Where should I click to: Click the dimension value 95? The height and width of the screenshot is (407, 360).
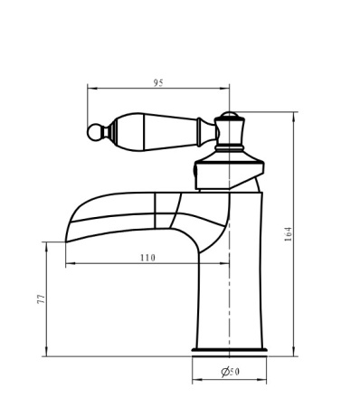pos(158,82)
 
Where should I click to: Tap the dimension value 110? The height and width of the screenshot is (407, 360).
pos(147,258)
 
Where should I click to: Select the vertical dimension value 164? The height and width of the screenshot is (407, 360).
pos(288,234)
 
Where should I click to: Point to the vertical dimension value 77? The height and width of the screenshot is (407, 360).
pos(41,298)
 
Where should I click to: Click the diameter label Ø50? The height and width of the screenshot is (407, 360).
pos(231,372)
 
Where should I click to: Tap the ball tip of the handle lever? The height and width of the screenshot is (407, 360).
pos(94,132)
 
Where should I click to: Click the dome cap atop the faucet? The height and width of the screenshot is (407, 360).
pos(230,115)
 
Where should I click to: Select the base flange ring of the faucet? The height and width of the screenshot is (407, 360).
pos(230,350)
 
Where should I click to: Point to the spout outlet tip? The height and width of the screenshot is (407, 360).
pos(67,241)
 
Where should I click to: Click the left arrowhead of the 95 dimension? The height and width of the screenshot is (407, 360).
pos(91,89)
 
